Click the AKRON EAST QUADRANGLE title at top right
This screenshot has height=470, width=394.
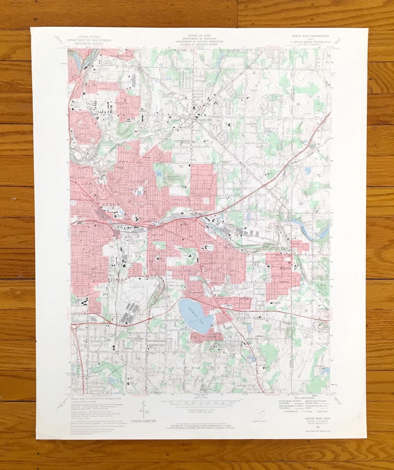310,36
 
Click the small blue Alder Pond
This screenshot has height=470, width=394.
159,173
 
